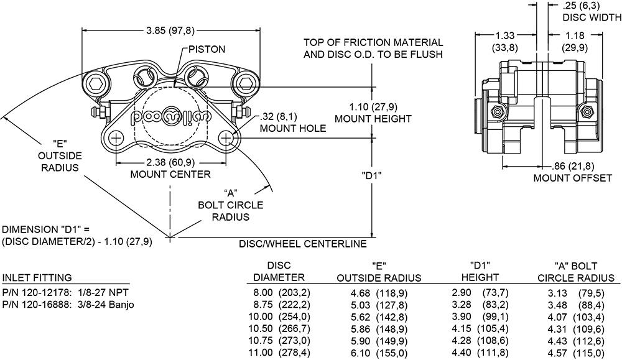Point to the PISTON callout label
point(208,49)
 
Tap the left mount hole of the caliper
point(116,138)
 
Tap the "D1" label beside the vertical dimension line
point(371,175)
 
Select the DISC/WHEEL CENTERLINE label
point(303,244)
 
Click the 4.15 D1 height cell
point(462,328)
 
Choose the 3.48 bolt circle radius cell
point(558,304)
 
